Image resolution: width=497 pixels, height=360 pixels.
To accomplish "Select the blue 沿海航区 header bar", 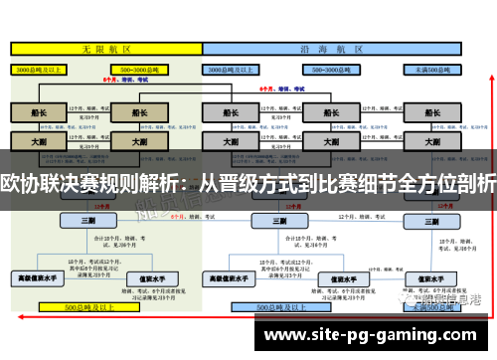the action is click(343, 47).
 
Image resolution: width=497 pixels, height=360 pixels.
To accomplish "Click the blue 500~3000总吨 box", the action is click(328, 71).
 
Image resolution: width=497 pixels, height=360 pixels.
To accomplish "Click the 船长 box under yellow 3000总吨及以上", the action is click(39, 114).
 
